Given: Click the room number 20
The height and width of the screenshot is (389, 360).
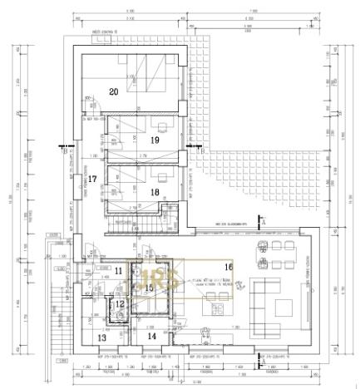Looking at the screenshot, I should [114, 91].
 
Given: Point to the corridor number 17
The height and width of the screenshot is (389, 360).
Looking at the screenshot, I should [93, 179].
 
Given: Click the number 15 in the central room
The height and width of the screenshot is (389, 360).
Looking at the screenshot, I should [150, 288].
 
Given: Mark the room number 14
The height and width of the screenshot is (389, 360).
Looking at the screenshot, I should [152, 337].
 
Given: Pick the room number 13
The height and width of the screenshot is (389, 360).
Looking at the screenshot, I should [102, 337].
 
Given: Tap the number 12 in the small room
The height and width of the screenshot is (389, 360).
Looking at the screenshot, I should [120, 305].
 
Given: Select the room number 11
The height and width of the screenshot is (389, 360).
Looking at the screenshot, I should [119, 271].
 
